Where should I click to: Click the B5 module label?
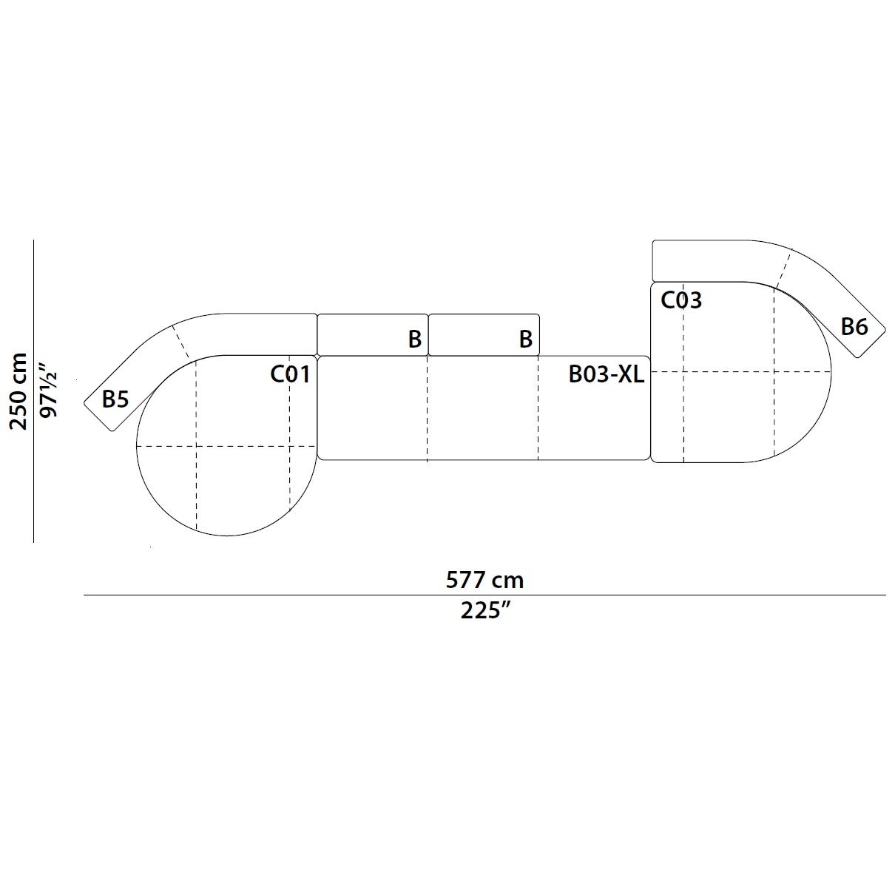[x=115, y=399]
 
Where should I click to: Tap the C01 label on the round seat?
[x=290, y=374]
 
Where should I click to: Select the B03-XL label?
[x=606, y=374]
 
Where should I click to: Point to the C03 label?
[x=681, y=300]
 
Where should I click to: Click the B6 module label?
[x=854, y=327]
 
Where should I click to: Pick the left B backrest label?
[x=415, y=339]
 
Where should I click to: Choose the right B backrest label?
[x=526, y=339]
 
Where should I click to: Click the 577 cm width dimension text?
[x=484, y=580]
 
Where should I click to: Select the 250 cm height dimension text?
[x=19, y=391]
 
